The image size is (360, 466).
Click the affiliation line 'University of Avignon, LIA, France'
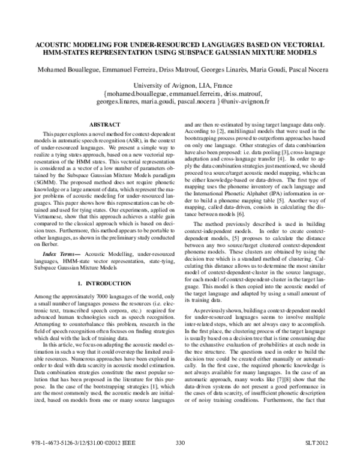coord(180,85)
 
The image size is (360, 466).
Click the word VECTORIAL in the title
coord(302,45)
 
